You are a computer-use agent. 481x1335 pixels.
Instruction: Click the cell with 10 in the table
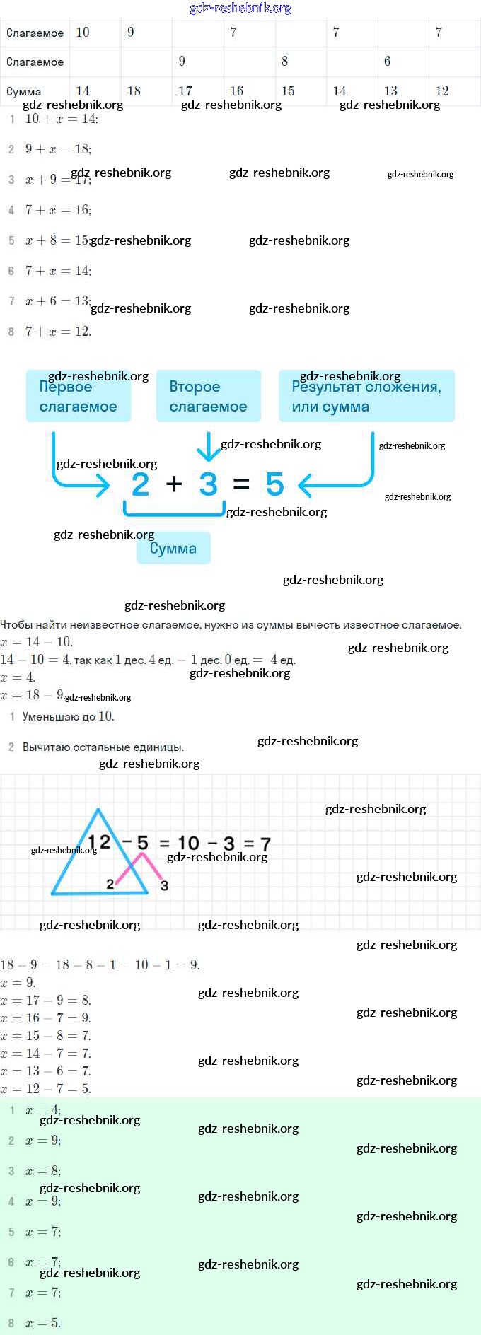(83, 33)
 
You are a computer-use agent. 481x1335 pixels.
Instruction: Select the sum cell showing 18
(134, 91)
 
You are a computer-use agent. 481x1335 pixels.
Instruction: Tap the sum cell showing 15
(288, 91)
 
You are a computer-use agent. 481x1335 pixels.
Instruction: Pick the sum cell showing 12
(442, 91)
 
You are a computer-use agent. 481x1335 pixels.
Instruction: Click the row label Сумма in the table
(24, 92)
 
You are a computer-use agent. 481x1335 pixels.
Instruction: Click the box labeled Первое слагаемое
(78, 396)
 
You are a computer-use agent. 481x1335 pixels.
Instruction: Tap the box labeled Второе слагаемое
(208, 396)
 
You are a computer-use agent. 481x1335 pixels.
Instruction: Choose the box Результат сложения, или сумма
(366, 396)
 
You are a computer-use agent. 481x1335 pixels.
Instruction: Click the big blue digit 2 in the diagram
(141, 484)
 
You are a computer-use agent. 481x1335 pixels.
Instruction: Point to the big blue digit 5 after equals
(274, 484)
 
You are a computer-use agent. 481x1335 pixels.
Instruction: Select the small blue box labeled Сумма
(173, 548)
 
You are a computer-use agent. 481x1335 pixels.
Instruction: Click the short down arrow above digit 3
(208, 445)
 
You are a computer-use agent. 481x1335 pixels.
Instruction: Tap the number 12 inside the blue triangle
(99, 842)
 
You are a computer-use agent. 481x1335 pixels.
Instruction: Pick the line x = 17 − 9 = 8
(46, 1001)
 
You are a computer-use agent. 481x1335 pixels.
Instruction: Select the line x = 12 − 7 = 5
(46, 1089)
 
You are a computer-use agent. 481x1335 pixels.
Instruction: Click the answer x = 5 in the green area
(43, 1322)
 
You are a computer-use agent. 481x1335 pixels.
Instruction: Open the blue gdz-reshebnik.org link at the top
(240, 8)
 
